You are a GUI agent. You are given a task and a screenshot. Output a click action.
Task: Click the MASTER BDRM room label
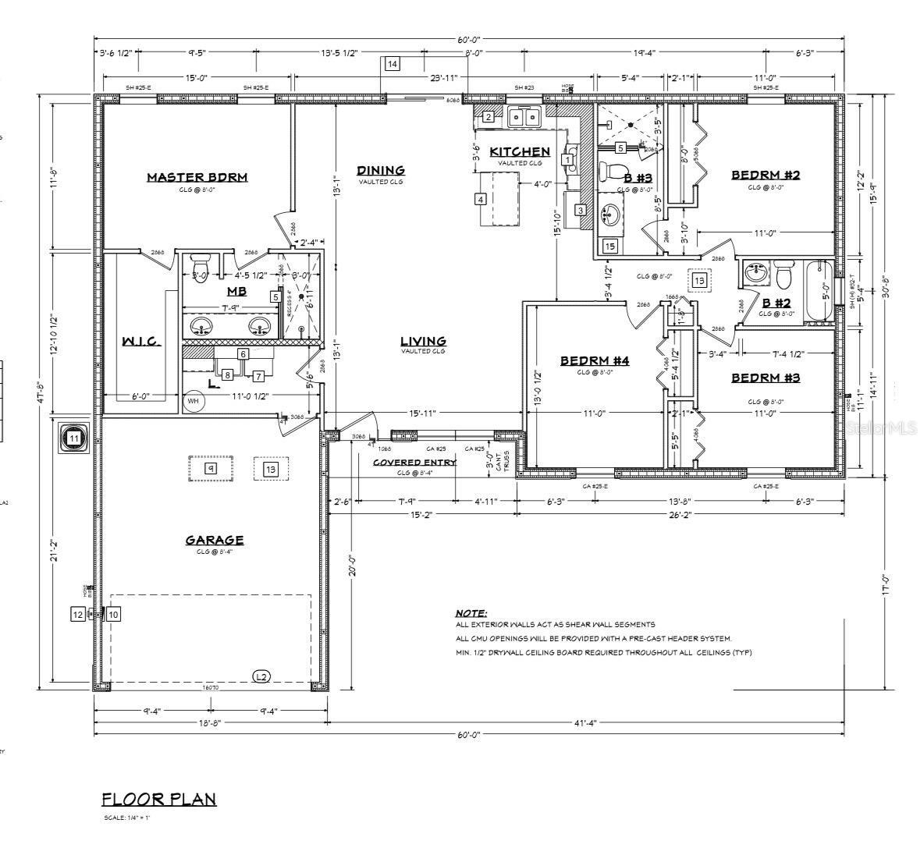[x=197, y=177]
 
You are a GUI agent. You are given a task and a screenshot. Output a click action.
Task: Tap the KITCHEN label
[x=520, y=151]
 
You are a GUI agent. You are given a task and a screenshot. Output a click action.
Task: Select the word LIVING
[x=423, y=341]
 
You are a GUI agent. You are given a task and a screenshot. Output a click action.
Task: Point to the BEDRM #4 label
[x=594, y=360]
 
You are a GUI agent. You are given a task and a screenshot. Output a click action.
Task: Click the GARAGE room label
[x=214, y=540]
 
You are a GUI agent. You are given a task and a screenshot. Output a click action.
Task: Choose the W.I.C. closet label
[x=141, y=342]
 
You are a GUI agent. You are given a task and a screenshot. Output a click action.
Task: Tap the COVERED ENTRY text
[x=414, y=463]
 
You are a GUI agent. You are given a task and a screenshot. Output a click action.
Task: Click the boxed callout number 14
[x=392, y=63]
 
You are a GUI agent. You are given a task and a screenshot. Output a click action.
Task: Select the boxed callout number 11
[x=74, y=438]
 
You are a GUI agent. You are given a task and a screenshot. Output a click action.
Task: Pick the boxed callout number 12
[x=77, y=614]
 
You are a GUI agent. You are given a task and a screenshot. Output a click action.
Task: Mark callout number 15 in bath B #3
[x=610, y=247]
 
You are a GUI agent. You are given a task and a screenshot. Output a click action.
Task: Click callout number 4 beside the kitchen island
[x=481, y=200]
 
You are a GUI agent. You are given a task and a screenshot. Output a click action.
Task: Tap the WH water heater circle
[x=193, y=403]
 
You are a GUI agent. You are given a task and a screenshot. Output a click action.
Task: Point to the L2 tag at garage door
[x=261, y=676]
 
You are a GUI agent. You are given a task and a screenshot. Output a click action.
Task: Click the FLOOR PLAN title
[x=159, y=799]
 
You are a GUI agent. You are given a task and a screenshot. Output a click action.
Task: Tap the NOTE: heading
[x=471, y=613]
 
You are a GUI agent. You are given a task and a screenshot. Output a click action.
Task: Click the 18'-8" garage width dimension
[x=210, y=723]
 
